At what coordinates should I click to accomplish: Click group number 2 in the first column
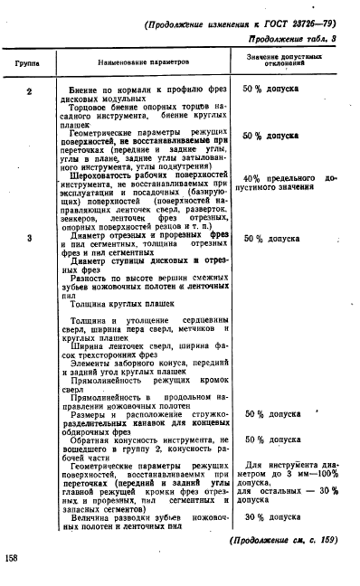pos(30,91)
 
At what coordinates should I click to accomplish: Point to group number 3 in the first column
pos(30,239)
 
